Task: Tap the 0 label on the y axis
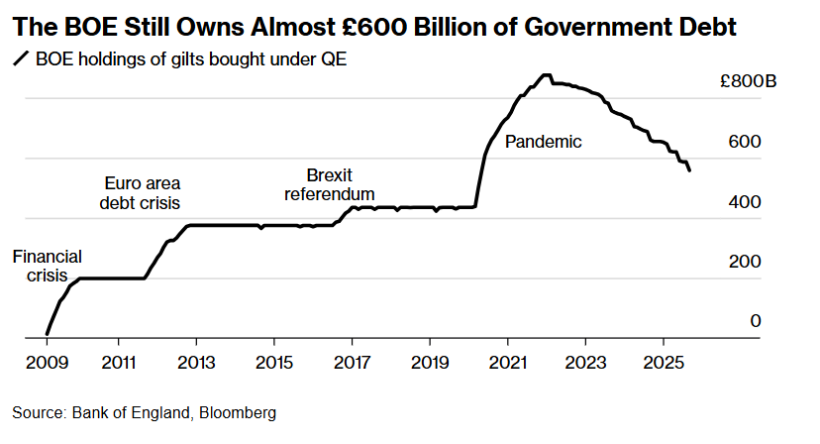[756, 321]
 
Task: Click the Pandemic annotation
[543, 142]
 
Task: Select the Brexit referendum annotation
[330, 184]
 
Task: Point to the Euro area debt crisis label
[143, 193]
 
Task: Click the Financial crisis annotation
[47, 266]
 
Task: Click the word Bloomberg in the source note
[239, 411]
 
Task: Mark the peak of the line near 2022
[545, 74]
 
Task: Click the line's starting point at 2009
[48, 334]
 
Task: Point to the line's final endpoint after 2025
[690, 170]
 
